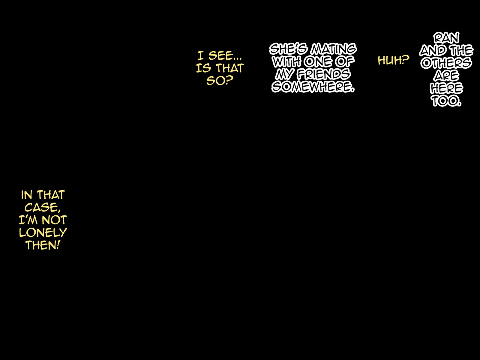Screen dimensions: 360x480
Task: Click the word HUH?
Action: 393,60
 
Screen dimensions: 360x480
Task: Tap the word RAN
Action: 446,38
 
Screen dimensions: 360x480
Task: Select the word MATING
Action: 333,49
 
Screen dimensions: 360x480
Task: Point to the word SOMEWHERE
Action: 313,87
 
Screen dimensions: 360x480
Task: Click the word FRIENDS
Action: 324,74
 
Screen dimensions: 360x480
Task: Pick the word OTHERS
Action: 446,63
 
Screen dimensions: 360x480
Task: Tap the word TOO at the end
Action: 446,101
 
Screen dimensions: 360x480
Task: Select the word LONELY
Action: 43,232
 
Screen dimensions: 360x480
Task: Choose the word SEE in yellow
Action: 225,55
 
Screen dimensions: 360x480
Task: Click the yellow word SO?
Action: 220,80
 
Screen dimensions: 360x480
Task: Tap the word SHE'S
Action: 288,49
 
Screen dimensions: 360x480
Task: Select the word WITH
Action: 287,62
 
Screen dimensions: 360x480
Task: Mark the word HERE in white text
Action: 446,88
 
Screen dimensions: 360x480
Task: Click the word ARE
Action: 446,76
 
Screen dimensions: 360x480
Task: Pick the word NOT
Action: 54,220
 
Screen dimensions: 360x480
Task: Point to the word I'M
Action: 28,220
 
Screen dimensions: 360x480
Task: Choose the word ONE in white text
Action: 318,62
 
